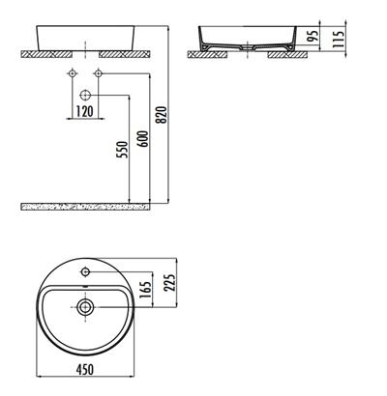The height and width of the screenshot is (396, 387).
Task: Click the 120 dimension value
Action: pyautogui.click(x=86, y=112)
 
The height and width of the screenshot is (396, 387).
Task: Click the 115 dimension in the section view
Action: pyautogui.click(x=341, y=39)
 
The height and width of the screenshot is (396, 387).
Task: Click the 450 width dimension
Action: pyautogui.click(x=86, y=371)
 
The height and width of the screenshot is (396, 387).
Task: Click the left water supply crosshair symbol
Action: pyautogui.click(x=73, y=75)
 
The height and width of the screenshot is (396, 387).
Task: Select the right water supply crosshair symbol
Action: pyautogui.click(x=98, y=75)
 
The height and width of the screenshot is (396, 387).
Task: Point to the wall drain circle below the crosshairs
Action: pyautogui.click(x=85, y=96)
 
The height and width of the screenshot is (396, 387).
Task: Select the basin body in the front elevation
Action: pyautogui.click(x=85, y=35)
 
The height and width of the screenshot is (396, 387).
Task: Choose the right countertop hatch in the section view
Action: pyautogui.click(x=288, y=55)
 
